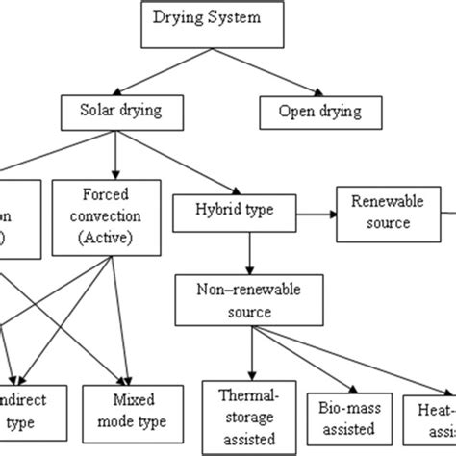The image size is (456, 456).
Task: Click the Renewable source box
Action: click(380, 214)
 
